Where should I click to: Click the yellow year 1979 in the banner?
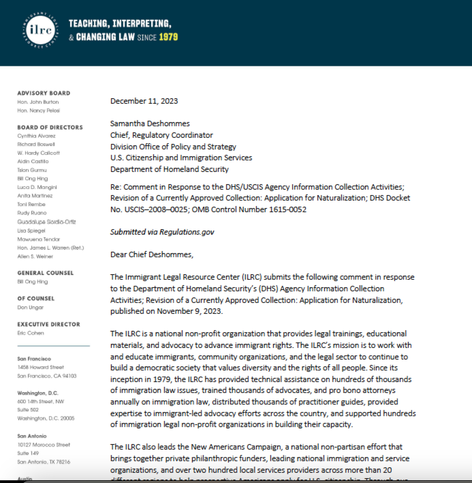[x=168, y=37]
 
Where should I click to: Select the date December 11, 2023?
[x=144, y=101]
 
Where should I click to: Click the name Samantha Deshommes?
[x=150, y=123]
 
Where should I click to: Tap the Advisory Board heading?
[x=44, y=93]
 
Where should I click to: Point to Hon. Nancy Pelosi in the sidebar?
[x=38, y=111]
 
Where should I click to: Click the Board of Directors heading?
[x=50, y=127]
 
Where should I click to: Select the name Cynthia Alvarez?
[x=36, y=136]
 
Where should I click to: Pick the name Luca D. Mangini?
[x=37, y=187]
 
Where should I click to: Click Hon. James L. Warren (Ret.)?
[x=50, y=248]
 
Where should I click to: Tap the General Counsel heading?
[x=45, y=273]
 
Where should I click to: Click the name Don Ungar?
[x=30, y=307]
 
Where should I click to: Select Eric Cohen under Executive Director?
[x=31, y=333]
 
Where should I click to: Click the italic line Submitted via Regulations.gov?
[x=162, y=232]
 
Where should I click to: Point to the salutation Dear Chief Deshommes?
[x=152, y=254]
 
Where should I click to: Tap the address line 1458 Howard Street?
[x=41, y=367]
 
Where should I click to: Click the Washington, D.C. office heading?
[x=38, y=393]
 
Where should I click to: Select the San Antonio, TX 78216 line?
[x=44, y=462]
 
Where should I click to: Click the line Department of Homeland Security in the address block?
[x=169, y=169]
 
